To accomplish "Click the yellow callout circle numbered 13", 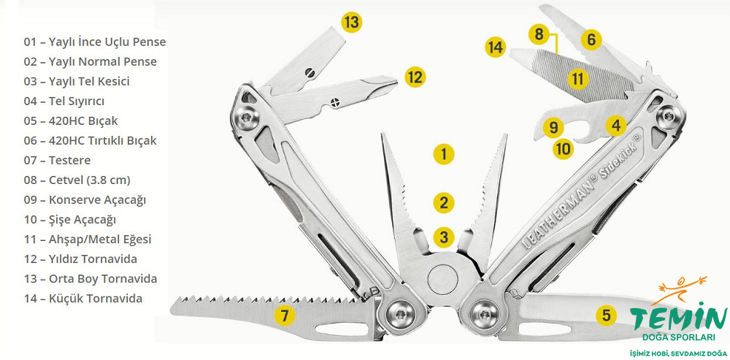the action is (x=352, y=23).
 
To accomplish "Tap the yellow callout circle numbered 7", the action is (x=285, y=315).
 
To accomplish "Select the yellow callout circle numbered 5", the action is (x=606, y=315).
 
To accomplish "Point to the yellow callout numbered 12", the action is (x=415, y=77).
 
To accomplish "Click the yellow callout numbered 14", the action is (x=495, y=47).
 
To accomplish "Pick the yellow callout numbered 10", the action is (x=563, y=149).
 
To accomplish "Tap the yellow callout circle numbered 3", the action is (x=443, y=237).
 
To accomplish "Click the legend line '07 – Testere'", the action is (x=57, y=161).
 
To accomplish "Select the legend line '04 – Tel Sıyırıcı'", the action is (x=64, y=102).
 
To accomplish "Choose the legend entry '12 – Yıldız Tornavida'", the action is (x=80, y=259).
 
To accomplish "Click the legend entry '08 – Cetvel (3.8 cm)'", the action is (x=77, y=180).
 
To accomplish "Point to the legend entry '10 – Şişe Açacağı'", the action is (x=70, y=220).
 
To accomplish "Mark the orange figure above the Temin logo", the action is (x=683, y=288).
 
